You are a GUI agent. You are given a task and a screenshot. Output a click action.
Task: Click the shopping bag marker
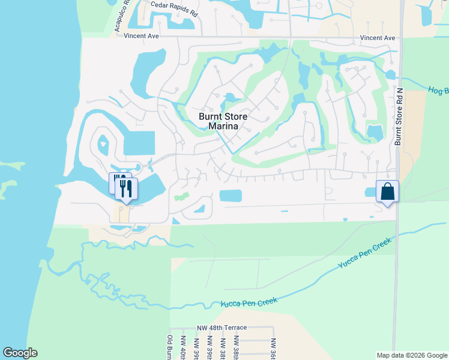click(387, 192)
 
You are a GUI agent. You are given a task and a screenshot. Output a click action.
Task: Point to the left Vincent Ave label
click(141, 36)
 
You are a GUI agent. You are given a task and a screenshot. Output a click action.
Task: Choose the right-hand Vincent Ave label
click(378, 38)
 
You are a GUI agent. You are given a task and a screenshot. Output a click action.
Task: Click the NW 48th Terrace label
click(221, 328)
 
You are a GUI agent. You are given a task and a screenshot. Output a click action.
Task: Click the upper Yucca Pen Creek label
click(364, 253)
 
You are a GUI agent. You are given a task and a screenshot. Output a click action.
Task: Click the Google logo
click(20, 353)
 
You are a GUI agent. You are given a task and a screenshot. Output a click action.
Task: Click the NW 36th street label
click(274, 349)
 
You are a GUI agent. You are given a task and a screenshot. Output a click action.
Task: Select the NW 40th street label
click(182, 350)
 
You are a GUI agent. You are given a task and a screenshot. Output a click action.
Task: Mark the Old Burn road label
click(170, 347)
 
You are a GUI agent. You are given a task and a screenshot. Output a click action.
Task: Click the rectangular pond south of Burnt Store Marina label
click(231, 196)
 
